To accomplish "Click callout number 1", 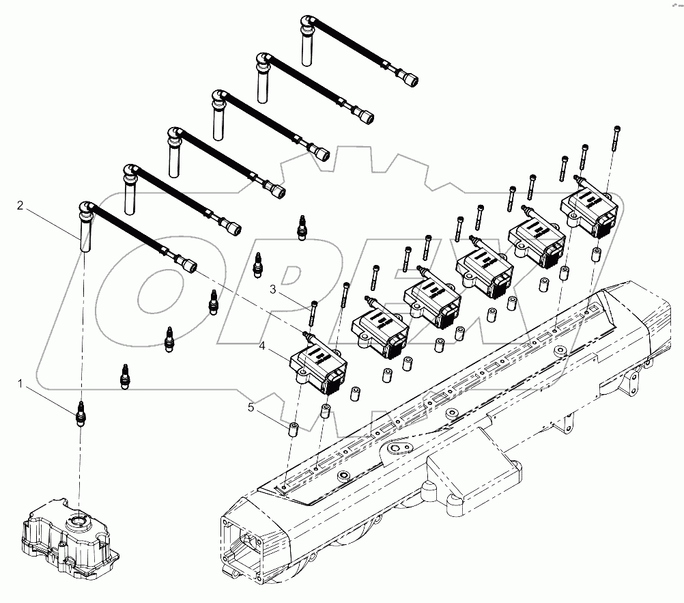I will pyautogui.click(x=20, y=385).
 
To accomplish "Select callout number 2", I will pyautogui.click(x=20, y=204).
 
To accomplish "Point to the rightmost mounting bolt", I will pyautogui.click(x=617, y=139).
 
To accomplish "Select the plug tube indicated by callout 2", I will pyautogui.click(x=85, y=236).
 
